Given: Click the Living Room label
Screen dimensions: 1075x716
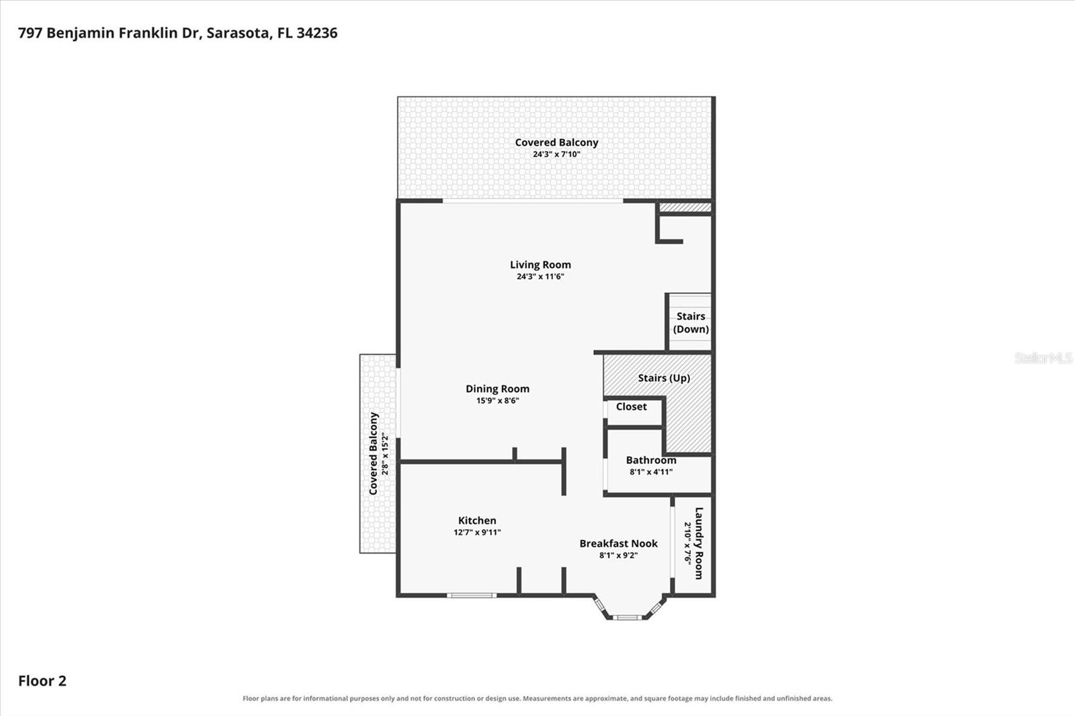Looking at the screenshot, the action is (540, 265).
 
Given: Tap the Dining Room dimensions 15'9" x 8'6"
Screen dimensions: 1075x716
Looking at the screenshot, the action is (498, 401).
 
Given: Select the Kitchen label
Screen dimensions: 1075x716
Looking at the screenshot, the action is (477, 520).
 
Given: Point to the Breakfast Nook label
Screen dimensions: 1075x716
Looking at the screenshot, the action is (618, 543).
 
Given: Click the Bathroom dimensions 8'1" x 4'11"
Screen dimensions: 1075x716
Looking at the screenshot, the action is (651, 472).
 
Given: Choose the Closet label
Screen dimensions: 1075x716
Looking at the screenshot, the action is (632, 406).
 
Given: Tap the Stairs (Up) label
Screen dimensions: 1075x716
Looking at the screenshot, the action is (664, 378).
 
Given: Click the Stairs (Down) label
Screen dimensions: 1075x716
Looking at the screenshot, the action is (691, 322).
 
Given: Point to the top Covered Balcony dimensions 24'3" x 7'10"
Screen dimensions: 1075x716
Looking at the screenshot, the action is (557, 154).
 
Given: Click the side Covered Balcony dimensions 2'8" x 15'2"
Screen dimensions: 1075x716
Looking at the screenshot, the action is (384, 453).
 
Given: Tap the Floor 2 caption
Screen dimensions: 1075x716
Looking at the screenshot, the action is (42, 681).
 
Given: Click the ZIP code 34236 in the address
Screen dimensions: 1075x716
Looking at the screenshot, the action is (316, 33).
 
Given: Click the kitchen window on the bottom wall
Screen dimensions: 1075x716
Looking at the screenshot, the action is (472, 596).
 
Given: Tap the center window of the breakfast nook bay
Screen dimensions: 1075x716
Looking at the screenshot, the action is (627, 617).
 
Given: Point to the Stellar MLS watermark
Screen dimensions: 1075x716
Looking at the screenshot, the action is (1043, 358).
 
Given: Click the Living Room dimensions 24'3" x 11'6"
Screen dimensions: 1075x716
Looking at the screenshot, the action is (540, 277).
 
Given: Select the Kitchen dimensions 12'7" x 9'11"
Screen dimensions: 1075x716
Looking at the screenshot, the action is (477, 532).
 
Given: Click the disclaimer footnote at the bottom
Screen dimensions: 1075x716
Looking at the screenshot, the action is (537, 699).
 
